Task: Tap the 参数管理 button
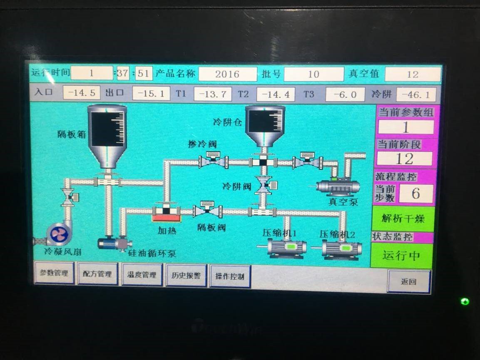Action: coord(54,273)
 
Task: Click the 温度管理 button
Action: coord(142,275)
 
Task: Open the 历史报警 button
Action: coord(186,276)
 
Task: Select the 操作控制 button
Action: coord(230,277)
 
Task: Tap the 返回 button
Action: coord(408,281)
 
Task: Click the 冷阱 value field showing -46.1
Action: coord(416,94)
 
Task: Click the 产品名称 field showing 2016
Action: coord(227,74)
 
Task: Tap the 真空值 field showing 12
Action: coord(412,74)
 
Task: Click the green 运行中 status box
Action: coord(401,256)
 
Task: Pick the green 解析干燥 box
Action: coord(403,218)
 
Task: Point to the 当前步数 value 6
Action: coord(416,194)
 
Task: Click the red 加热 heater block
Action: coord(166,217)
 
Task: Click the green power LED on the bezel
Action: coord(465,301)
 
